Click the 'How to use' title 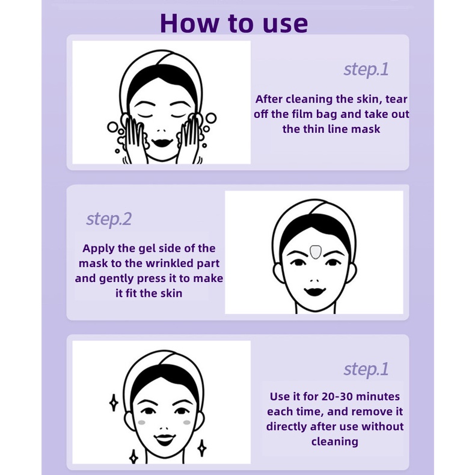click(234, 23)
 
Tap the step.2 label click(109, 219)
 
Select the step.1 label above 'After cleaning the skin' click(366, 70)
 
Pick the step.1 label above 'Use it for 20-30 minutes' click(366, 369)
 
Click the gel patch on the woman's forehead click(315, 252)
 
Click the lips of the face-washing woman click(162, 142)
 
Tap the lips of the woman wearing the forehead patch click(314, 292)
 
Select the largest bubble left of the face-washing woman click(112, 127)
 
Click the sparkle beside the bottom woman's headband click(114, 403)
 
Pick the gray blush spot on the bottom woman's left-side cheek click(141, 422)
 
